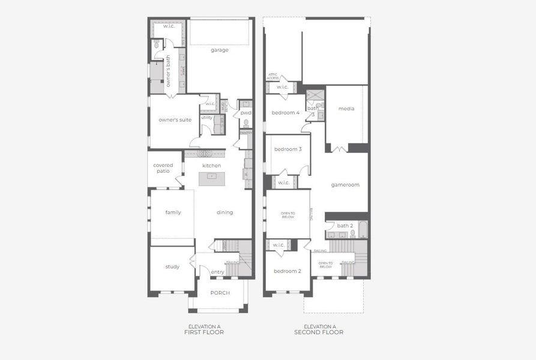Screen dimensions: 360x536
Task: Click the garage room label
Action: [219, 50]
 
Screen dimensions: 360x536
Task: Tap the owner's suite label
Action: [175, 120]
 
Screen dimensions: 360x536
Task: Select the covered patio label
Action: [163, 168]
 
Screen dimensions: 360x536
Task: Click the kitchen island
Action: [212, 176]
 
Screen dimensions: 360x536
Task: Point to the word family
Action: [173, 212]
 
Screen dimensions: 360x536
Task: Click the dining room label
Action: [224, 212]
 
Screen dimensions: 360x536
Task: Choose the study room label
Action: [172, 267]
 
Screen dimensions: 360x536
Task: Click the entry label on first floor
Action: [217, 272]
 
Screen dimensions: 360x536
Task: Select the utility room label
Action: [206, 117]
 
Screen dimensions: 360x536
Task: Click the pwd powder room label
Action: [245, 113]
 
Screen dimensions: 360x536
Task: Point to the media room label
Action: [346, 109]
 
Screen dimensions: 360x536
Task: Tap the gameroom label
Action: [345, 185]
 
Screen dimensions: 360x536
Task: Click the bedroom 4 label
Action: [285, 113]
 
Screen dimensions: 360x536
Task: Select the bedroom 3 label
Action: [288, 149]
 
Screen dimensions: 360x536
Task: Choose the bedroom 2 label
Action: [288, 271]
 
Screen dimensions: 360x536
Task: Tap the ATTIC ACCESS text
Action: [273, 76]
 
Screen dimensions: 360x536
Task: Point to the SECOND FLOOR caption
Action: [319, 332]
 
